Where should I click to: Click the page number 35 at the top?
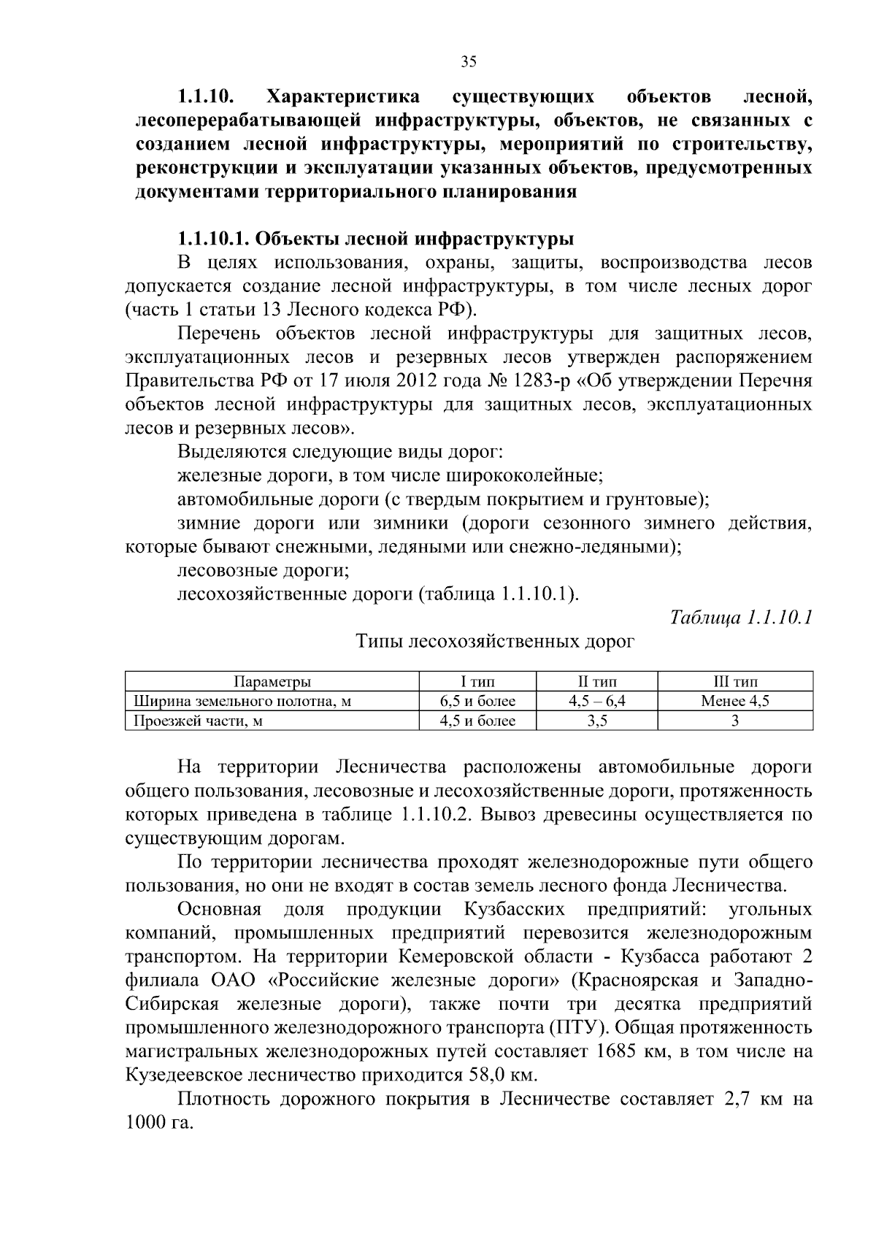[x=469, y=62]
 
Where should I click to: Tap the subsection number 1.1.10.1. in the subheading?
[x=215, y=239]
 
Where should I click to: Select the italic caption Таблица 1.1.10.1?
[x=741, y=618]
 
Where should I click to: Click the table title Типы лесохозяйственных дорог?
[x=495, y=642]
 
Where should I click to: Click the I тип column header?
[x=477, y=682]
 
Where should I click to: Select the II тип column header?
[x=596, y=682]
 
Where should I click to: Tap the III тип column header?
[x=734, y=682]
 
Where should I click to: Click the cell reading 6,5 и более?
[x=477, y=702]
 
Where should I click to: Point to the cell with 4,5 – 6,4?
[x=596, y=702]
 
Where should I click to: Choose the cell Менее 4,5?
[x=734, y=702]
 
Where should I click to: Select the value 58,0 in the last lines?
[x=485, y=1076]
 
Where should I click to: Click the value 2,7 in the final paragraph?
[x=737, y=1100]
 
